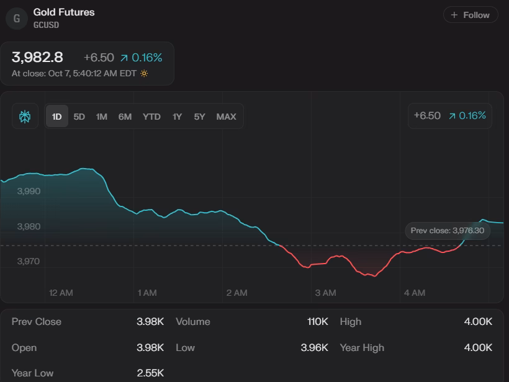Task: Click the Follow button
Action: (x=471, y=15)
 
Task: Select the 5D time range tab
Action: (x=79, y=117)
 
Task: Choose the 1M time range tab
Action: (x=102, y=117)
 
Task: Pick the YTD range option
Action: (x=151, y=117)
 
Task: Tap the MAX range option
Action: (x=226, y=117)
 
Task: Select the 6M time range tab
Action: (x=125, y=117)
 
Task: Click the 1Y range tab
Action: (x=178, y=117)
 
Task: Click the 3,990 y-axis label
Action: (x=29, y=192)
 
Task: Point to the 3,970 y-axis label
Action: (x=29, y=262)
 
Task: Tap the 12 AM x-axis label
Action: (x=61, y=293)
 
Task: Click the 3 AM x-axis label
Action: (x=325, y=293)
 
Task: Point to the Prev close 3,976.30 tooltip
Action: (x=448, y=231)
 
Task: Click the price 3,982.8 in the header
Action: (x=37, y=58)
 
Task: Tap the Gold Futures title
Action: (x=64, y=12)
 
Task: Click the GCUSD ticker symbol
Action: (x=47, y=25)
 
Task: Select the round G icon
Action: (x=17, y=19)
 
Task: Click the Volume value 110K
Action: (x=317, y=322)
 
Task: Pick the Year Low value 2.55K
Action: (x=150, y=373)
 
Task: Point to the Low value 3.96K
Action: (x=314, y=348)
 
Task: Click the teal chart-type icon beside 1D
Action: (x=25, y=117)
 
